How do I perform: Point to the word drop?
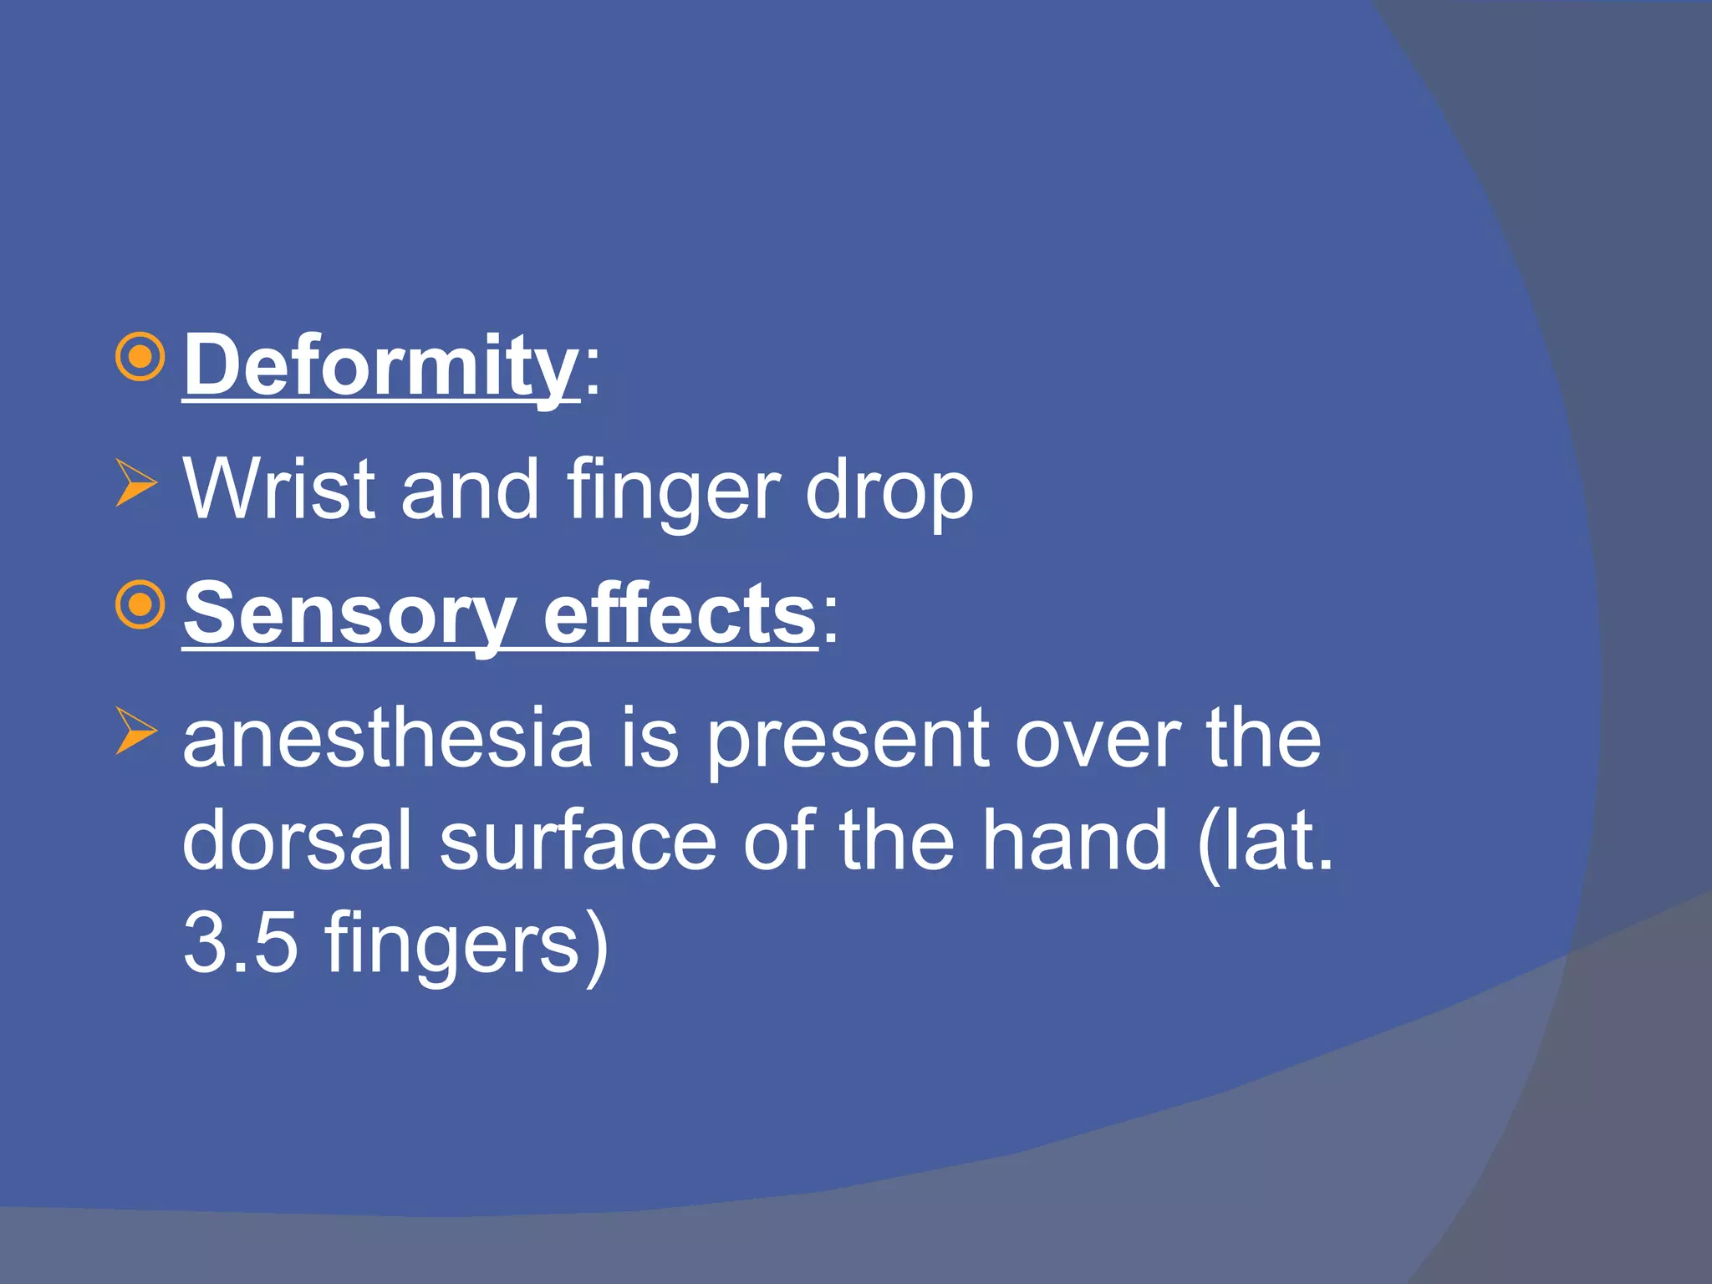(x=889, y=492)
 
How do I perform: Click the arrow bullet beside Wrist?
(x=136, y=482)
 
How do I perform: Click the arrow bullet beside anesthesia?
(x=136, y=730)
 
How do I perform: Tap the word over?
(x=1098, y=737)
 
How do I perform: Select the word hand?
(x=1074, y=840)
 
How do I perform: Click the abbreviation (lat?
(x=1265, y=840)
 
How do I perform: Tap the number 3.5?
(x=241, y=943)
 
